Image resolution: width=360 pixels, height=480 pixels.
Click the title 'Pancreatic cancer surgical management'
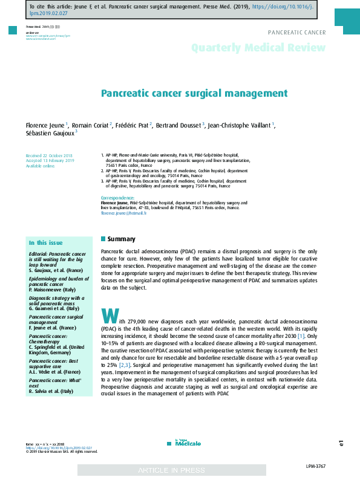(x=194, y=94)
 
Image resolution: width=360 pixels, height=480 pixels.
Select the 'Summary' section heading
(x=121, y=239)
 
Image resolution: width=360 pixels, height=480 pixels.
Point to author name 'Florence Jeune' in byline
(x=45, y=125)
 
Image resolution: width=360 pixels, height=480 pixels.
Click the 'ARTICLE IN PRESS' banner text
(x=171, y=470)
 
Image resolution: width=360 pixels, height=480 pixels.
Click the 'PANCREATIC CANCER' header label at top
(x=296, y=33)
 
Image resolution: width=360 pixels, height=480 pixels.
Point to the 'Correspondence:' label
(x=117, y=198)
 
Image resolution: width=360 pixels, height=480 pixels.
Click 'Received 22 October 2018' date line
(x=49, y=155)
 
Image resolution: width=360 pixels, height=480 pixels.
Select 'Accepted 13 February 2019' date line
(x=50, y=160)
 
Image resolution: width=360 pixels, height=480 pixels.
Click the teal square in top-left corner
(x=12, y=30)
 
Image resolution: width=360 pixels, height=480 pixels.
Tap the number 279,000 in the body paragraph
(x=140, y=320)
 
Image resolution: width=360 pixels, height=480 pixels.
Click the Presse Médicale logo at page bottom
(x=180, y=443)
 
